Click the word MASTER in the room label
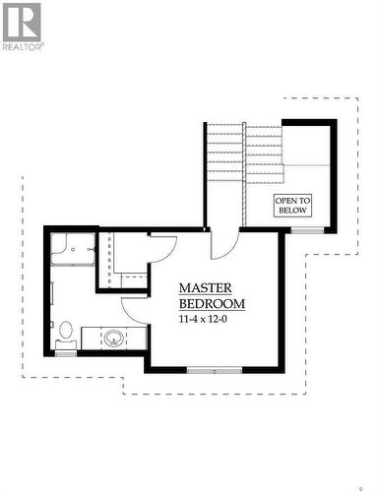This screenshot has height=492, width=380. pyautogui.click(x=205, y=287)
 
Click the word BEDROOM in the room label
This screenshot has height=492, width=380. pyautogui.click(x=212, y=304)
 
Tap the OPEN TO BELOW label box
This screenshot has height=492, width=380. pyautogui.click(x=292, y=205)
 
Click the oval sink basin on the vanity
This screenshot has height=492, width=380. pyautogui.click(x=114, y=338)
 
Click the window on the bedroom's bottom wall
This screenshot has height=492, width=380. pyautogui.click(x=214, y=370)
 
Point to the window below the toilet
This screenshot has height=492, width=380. pyautogui.click(x=67, y=352)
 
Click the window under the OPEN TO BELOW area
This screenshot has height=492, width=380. pyautogui.click(x=306, y=230)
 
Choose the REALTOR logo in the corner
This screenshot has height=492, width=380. pyautogui.click(x=22, y=26)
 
